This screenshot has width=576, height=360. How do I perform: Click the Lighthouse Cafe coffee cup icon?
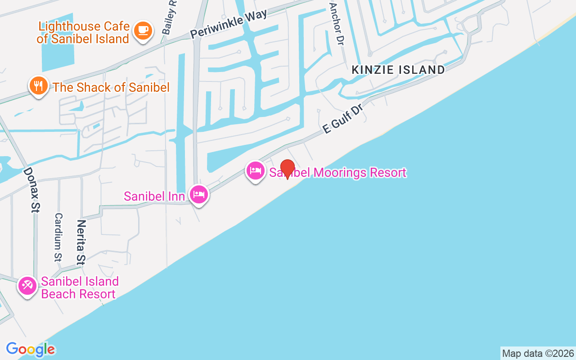click(x=143, y=31)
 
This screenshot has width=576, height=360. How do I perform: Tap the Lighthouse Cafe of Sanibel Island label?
click(x=84, y=32)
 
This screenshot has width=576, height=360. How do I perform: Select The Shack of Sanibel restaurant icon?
click(x=39, y=85)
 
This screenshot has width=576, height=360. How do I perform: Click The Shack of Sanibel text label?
click(x=111, y=87)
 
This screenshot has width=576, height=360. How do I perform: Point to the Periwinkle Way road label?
click(x=229, y=24)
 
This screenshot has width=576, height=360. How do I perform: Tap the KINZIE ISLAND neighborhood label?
click(x=398, y=70)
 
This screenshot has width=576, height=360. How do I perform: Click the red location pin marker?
click(x=288, y=169)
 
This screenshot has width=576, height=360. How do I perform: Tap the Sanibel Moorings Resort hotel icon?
click(x=256, y=171)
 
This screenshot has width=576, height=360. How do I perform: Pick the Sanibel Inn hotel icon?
click(x=198, y=194)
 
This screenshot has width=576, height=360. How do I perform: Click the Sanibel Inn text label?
click(x=154, y=196)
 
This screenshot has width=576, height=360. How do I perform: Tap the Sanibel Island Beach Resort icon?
click(x=27, y=286)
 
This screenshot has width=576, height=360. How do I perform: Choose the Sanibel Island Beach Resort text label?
click(x=80, y=288)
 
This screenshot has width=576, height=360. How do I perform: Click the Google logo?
click(x=30, y=349)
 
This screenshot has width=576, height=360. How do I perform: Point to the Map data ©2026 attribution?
click(x=538, y=353)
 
